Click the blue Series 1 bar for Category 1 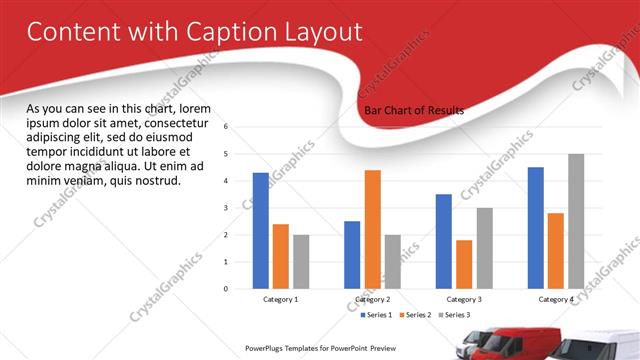pos(260,230)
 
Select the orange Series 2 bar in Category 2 pos(372,229)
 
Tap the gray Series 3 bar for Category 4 pos(576,221)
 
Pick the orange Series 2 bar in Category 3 pos(464,264)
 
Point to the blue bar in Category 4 pos(536,227)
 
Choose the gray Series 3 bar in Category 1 pos(301,261)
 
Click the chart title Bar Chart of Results pos(414,111)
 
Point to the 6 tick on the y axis pos(226,127)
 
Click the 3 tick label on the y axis pos(226,208)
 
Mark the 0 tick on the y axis pos(226,289)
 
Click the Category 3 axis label pos(464,299)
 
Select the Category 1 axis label pos(281,299)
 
